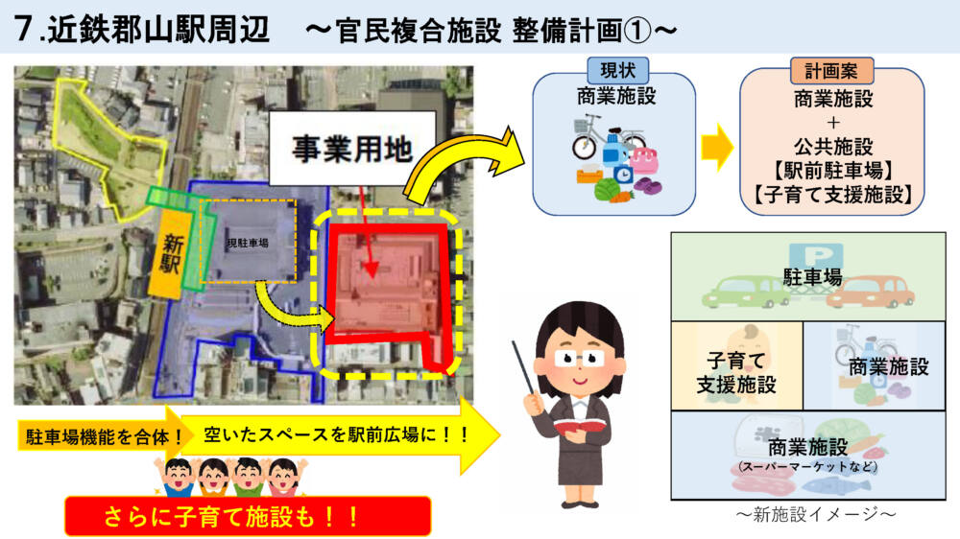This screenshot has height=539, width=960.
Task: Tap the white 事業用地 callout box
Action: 352,149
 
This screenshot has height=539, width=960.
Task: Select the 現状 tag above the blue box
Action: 617,70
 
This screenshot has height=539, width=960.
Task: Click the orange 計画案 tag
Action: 831,71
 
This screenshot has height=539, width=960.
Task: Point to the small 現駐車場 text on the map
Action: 248,243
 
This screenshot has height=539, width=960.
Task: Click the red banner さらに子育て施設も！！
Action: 248,517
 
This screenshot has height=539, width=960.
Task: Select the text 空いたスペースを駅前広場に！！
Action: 337,435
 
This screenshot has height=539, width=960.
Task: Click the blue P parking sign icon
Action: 816,256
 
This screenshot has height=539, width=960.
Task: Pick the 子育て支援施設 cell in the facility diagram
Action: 736,365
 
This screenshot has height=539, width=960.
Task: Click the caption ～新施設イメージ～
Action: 816,514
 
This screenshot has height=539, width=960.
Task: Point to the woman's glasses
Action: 579,358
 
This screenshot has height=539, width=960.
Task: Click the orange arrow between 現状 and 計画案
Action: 717,148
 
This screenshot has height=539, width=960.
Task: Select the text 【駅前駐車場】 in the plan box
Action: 833,171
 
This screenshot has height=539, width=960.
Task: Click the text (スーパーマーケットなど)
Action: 807,467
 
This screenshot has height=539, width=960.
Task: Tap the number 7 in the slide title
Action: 23,28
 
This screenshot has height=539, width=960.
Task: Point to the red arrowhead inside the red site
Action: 371,269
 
